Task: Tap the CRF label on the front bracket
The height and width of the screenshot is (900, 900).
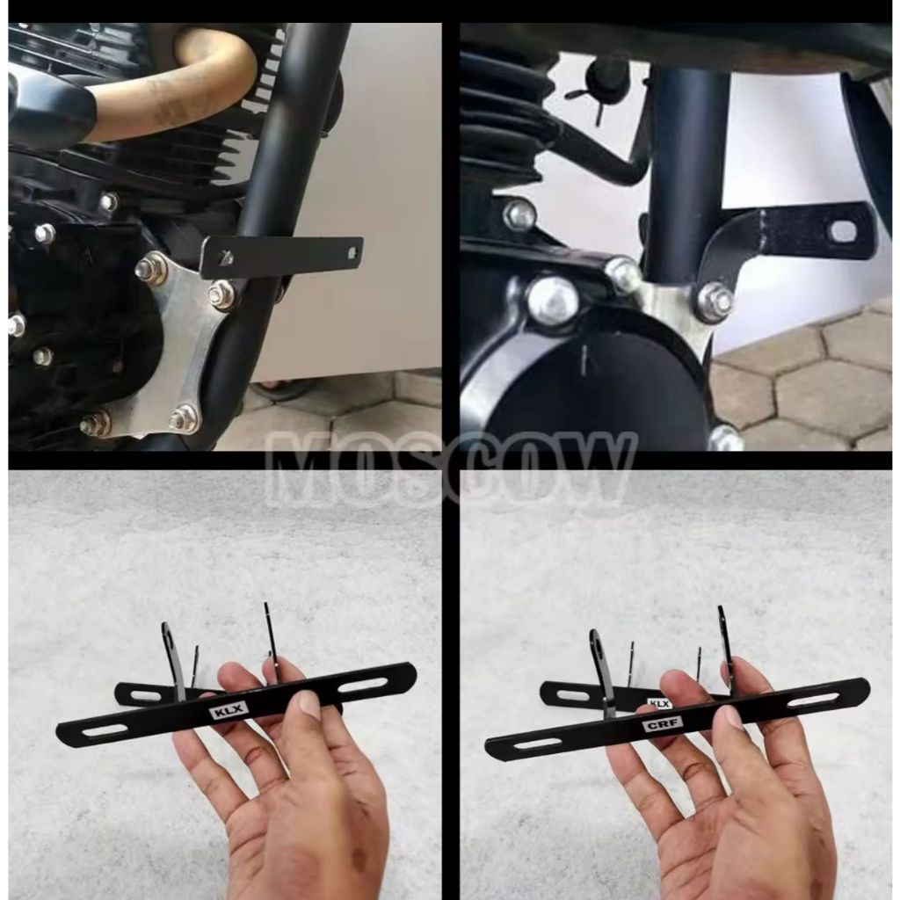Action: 662,725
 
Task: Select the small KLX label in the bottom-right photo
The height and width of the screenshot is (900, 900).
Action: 659,703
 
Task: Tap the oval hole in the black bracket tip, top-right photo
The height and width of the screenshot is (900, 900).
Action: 842,232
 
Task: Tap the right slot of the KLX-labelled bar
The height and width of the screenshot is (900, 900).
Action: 365,683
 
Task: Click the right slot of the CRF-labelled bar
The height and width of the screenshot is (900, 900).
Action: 813,700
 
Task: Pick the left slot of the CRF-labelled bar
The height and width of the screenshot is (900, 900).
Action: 533,744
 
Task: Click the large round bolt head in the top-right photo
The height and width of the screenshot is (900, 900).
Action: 553,301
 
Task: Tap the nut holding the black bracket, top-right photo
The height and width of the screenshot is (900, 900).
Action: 715,301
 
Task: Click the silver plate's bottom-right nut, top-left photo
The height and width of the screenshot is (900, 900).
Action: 184,418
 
